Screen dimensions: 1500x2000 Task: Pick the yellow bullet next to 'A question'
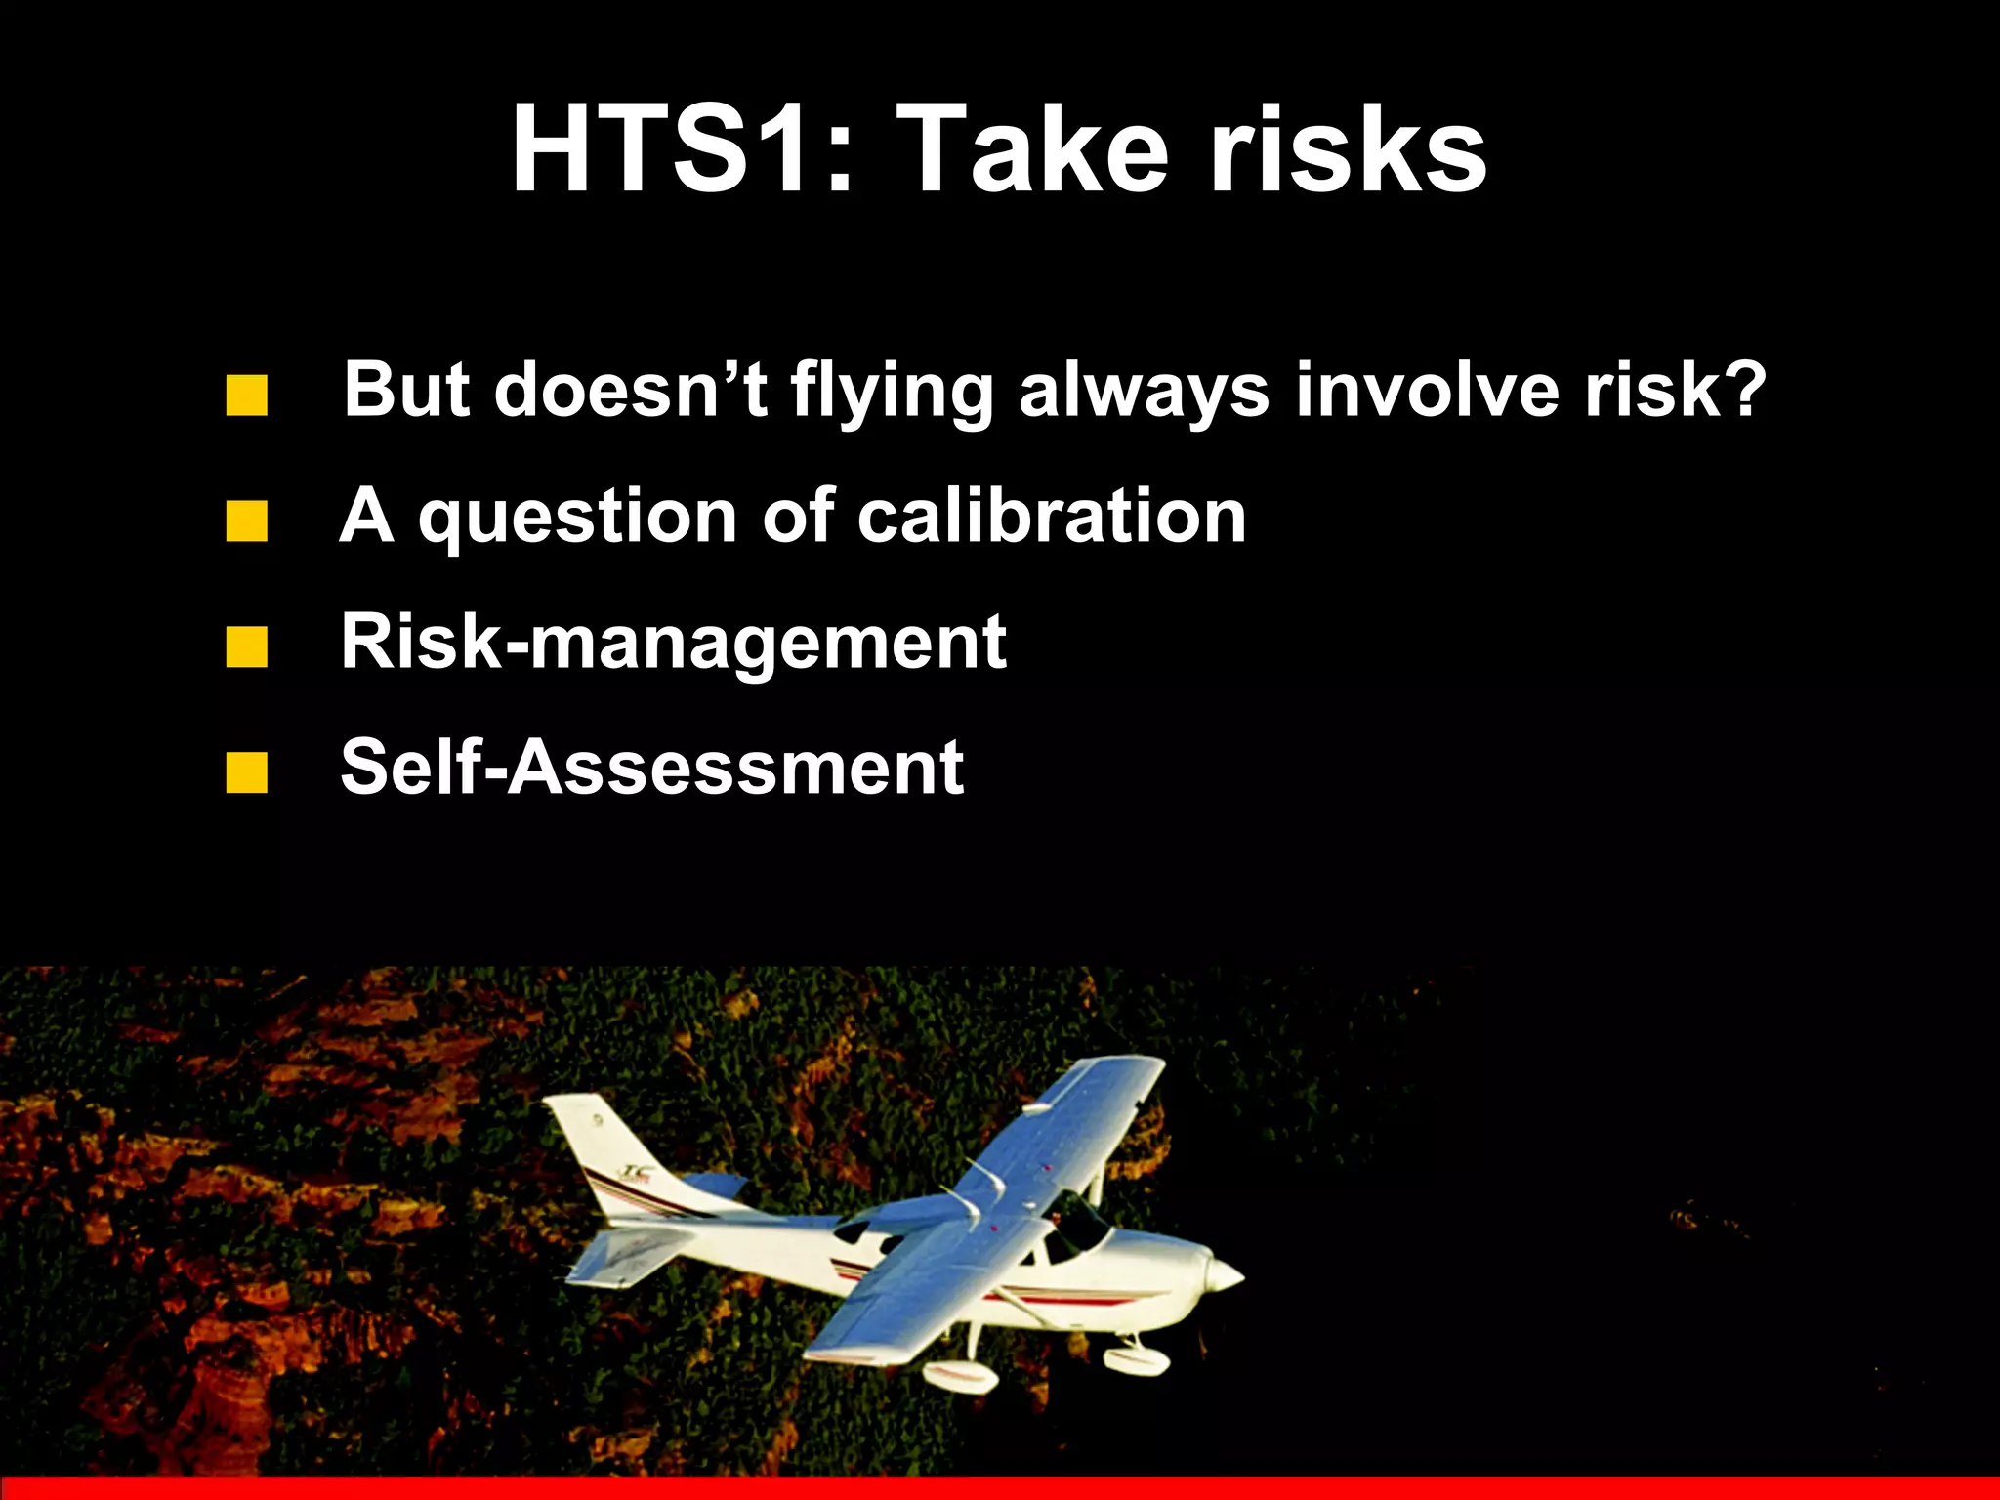246,522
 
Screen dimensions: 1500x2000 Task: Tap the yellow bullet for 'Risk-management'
246,647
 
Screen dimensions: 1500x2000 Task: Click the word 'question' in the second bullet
577,518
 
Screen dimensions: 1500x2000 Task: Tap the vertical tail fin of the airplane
605,1152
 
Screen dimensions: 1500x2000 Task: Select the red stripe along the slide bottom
1000,1488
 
